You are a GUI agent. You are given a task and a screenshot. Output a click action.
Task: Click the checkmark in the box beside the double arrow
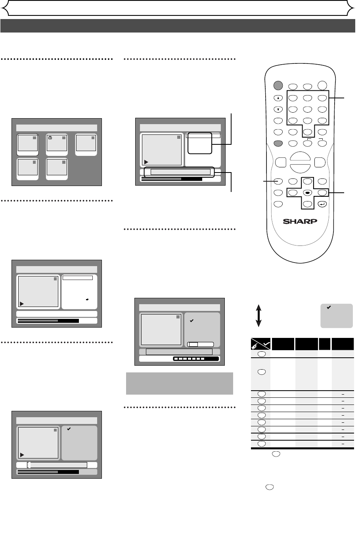(x=327, y=307)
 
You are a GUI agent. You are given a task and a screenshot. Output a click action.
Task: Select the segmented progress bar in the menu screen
(x=196, y=359)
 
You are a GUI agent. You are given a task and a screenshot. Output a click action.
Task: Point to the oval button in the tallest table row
(x=261, y=372)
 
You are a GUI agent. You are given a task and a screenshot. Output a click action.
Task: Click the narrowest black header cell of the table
(x=324, y=343)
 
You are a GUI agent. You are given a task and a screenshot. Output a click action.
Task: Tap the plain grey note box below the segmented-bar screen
(x=179, y=384)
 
